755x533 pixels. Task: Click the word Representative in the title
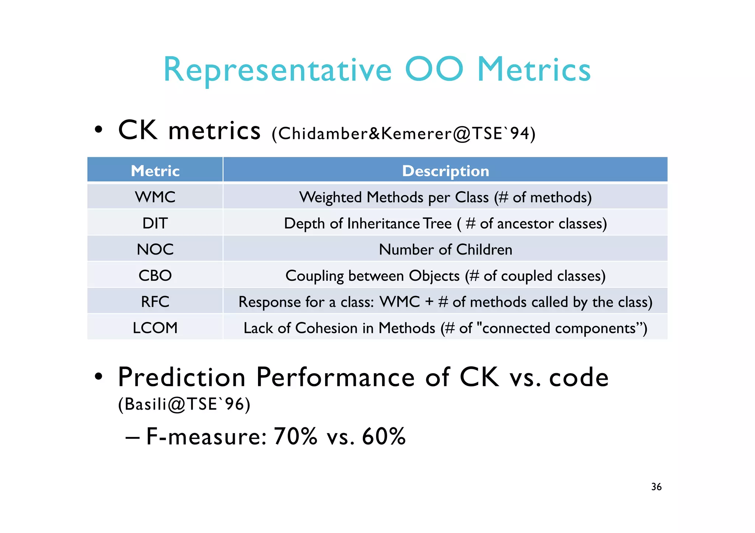click(277, 70)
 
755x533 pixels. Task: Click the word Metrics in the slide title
click(534, 70)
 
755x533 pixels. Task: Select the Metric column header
click(155, 171)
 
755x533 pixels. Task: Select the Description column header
click(445, 171)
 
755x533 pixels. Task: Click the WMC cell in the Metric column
click(155, 197)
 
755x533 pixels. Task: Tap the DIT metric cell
click(155, 223)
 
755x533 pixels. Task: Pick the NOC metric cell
click(155, 249)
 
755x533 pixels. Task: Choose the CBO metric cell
click(155, 276)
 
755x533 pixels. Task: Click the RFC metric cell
click(155, 302)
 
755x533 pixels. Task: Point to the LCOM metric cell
click(155, 328)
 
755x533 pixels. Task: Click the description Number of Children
click(445, 249)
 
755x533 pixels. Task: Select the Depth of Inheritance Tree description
click(445, 223)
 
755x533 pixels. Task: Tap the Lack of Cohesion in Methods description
click(445, 328)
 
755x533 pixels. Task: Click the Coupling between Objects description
click(445, 276)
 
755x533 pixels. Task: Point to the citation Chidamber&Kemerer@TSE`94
click(403, 133)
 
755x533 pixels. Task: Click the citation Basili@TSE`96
click(184, 404)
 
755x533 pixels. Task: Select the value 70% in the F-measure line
click(295, 436)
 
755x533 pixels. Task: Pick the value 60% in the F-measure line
click(383, 436)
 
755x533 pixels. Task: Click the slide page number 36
click(656, 487)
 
